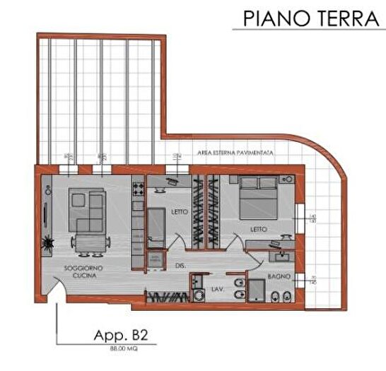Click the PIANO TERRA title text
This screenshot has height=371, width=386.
pos(309,18)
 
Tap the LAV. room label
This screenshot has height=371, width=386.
pos(218,277)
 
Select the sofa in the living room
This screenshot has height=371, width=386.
pos(87,211)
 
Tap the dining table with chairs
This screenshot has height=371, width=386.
pos(88,243)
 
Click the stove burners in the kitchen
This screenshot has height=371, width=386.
pos(137,188)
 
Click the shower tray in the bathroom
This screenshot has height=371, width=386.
pos(256,291)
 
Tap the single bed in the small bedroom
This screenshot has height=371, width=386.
pos(155,227)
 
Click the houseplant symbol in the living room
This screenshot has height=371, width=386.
pos(47,241)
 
